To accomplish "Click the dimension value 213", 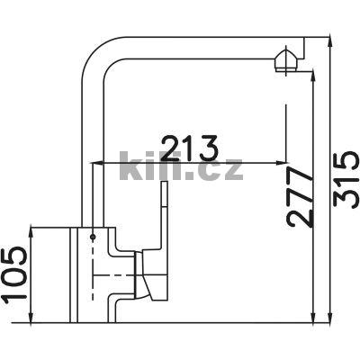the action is [189, 148].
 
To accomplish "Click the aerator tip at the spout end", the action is [286, 61].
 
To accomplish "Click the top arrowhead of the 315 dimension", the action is [329, 41].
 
